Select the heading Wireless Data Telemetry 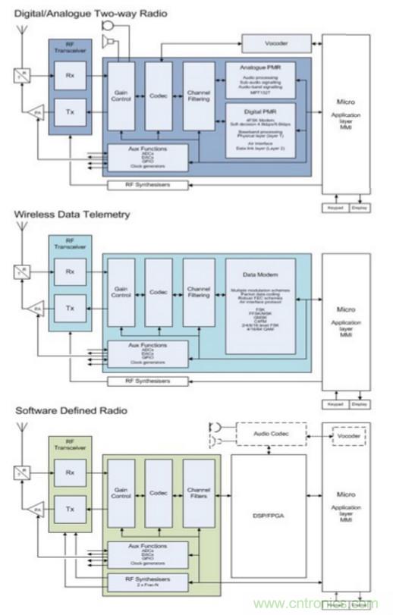tap(72, 215)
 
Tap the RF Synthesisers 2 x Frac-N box tap(149, 581)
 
